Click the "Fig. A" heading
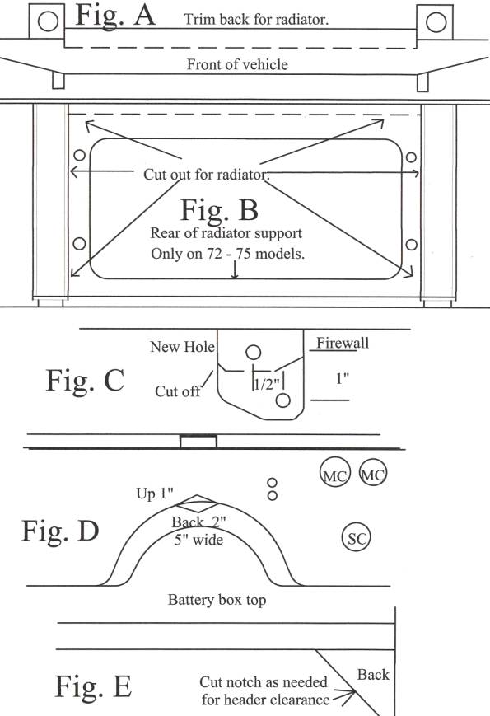pos(115,16)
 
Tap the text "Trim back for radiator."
pos(256,19)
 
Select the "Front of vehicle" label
pos(237,64)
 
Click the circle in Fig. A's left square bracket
pos(48,21)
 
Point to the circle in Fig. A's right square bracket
pos(436,22)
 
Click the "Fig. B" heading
pos(219,210)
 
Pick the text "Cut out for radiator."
pos(206,174)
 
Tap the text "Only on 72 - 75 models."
pos(227,253)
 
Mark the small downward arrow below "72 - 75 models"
pos(235,269)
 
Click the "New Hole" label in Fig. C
pos(182,347)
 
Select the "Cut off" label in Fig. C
pos(178,391)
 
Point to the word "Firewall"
pos(343,343)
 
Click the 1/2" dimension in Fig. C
pos(267,384)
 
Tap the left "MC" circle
pos(335,472)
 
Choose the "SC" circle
pos(357,538)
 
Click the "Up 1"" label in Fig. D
pos(155,494)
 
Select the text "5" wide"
pos(198,540)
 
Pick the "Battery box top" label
pos(217,600)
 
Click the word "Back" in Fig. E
pos(373,675)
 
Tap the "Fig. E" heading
pos(94,686)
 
